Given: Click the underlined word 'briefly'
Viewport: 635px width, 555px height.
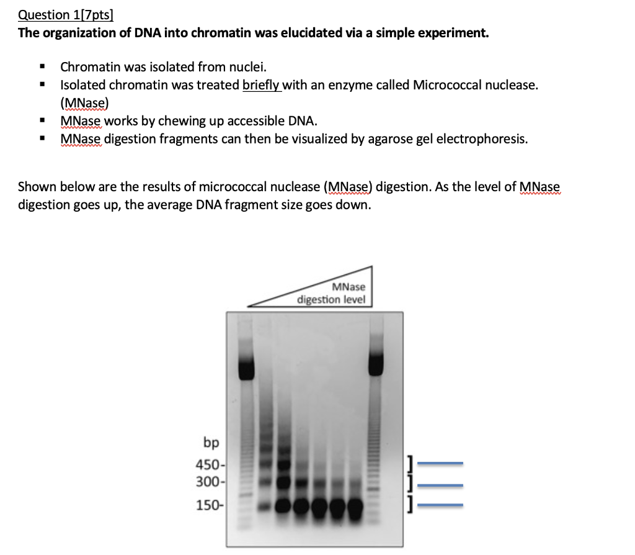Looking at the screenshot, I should [x=262, y=85].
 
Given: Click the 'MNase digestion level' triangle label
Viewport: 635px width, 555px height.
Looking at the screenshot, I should [x=331, y=293].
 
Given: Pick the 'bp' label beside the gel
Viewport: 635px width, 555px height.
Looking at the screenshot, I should [x=211, y=443].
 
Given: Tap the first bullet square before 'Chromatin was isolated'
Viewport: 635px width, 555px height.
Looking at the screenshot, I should [x=42, y=67].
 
